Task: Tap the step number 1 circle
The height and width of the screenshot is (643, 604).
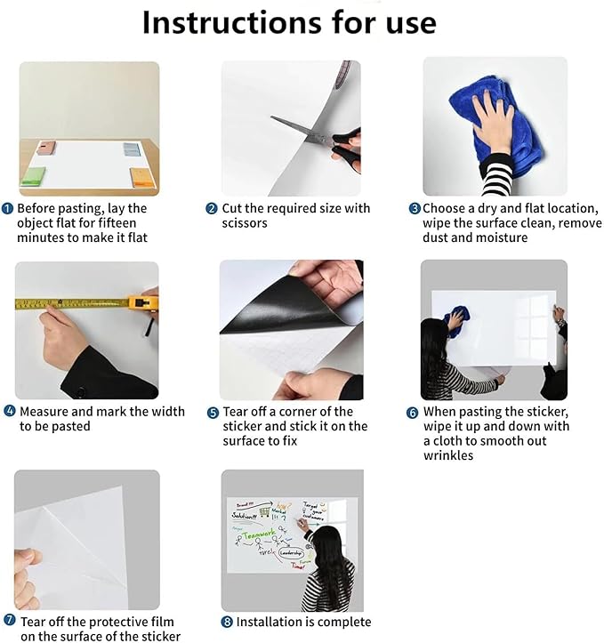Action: point(7,208)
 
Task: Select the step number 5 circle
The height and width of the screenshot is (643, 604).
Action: point(213,413)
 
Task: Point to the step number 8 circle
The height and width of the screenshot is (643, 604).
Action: point(227,623)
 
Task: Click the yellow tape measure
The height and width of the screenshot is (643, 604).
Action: point(80,303)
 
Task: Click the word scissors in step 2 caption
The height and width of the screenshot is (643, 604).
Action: point(245,223)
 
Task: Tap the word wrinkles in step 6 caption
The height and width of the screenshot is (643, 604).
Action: point(448,455)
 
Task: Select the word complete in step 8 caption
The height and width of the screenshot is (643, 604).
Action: point(343,622)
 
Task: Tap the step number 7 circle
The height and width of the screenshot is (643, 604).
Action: point(9,620)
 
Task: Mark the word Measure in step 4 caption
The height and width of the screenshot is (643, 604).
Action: point(44,412)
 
